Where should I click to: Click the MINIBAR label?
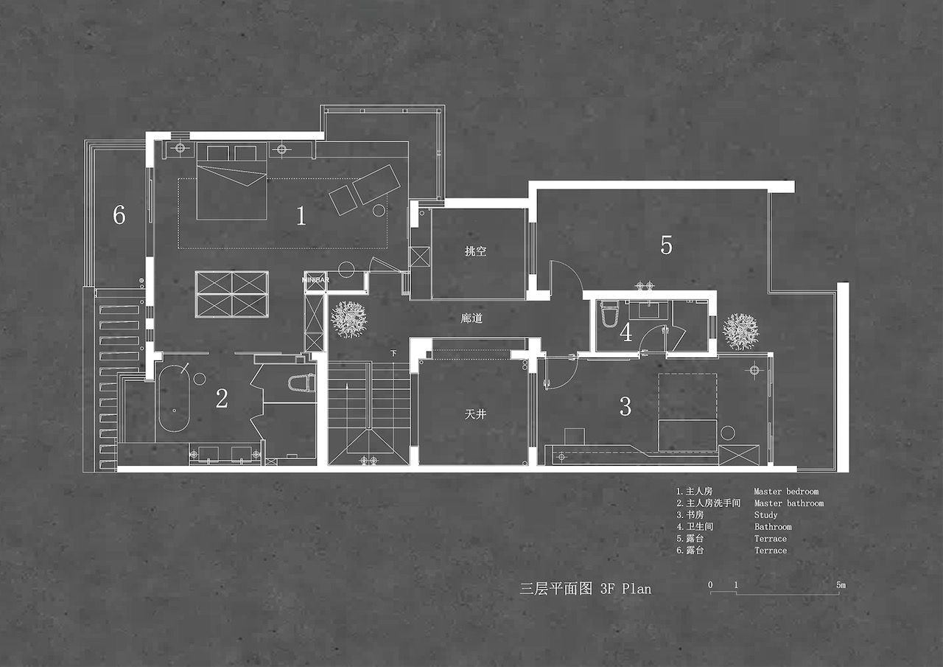[x=316, y=279]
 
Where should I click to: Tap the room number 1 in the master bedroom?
[x=301, y=216]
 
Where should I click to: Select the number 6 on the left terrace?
[x=119, y=214]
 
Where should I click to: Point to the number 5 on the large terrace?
[x=666, y=245]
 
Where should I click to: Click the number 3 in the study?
[x=625, y=406]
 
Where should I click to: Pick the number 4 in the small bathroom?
[x=625, y=332]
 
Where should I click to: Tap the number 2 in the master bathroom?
[x=222, y=398]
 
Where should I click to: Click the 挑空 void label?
[x=475, y=251]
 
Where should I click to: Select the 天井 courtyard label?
[x=475, y=414]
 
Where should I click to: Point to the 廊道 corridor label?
[x=471, y=318]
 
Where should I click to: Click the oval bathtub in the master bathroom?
[x=174, y=398]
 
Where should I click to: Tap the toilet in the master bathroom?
[x=301, y=383]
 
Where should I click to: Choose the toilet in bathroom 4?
[x=609, y=313]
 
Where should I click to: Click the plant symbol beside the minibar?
[x=349, y=319]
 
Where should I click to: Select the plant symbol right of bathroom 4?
[x=740, y=331]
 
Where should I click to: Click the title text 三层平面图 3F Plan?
[x=586, y=588]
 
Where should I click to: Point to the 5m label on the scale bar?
[x=841, y=585]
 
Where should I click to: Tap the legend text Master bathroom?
[x=788, y=503]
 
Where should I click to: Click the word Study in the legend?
[x=765, y=515]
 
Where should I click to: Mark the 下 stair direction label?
[x=393, y=353]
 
